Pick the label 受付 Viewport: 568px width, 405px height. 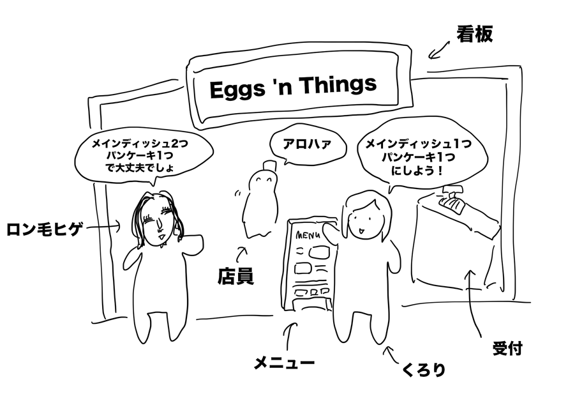point(508,349)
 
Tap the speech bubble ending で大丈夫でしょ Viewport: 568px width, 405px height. point(135,156)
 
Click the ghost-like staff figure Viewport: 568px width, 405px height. point(259,198)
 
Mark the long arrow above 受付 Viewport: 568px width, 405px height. point(473,300)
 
